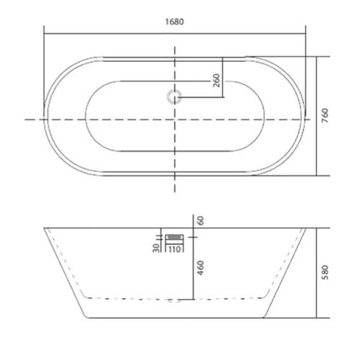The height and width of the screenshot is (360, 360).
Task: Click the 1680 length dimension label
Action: point(175,22)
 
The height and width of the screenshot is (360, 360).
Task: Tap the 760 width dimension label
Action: point(325,116)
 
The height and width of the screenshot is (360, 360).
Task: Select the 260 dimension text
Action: point(217,81)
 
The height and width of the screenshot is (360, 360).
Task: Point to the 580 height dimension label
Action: point(325,272)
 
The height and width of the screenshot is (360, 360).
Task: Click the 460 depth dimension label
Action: point(201,268)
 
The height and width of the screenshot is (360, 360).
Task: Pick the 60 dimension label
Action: point(201,220)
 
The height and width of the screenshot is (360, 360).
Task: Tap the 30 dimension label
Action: point(156,248)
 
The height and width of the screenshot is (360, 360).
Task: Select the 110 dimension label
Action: point(174,249)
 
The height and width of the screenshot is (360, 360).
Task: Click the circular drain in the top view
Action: point(174,97)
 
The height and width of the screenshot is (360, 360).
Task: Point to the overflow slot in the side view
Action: point(174,237)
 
